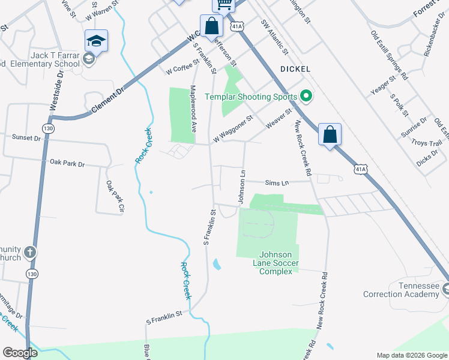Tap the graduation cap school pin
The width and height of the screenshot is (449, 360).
(96, 41)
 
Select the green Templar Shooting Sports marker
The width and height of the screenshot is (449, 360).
(306, 96)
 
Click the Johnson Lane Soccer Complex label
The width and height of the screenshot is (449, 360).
(279, 263)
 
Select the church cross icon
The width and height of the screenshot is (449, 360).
(31, 253)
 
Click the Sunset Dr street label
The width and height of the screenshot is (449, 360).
(26, 137)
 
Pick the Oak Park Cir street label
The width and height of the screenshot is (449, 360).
(114, 197)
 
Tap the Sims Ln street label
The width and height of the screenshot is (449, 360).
(277, 182)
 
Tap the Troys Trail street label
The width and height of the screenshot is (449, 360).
(426, 143)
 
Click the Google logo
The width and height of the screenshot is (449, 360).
(20, 353)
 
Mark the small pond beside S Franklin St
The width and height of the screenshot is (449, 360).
(216, 264)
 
